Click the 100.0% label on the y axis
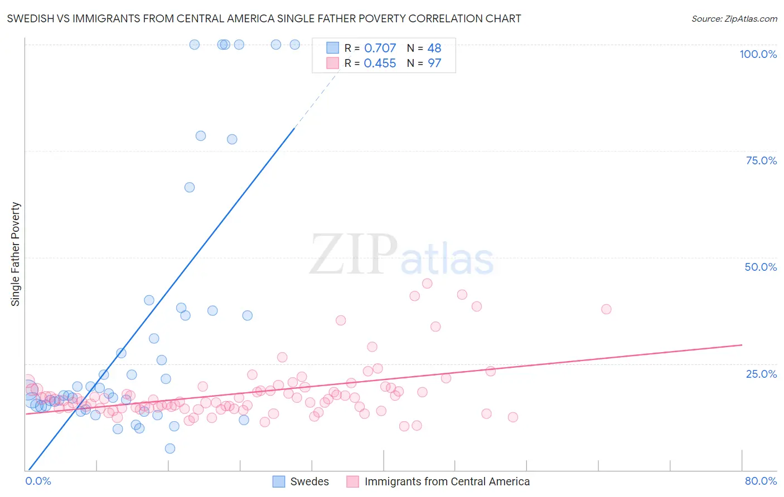tap(758, 54)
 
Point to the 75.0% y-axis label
tap(761, 160)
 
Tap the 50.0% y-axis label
tap(761, 267)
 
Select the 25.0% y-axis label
tap(761, 374)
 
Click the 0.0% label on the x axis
tap(38, 481)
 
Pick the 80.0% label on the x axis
tap(761, 481)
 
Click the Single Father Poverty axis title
tap(15, 254)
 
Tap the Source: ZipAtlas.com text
tap(734, 18)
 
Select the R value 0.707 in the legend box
tap(380, 48)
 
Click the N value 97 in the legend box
tap(434, 64)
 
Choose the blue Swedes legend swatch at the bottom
tap(279, 481)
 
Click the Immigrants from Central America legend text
tap(447, 481)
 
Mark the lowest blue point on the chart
tap(170, 449)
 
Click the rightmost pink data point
tap(606, 309)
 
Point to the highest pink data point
tap(427, 283)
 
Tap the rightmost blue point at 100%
tap(295, 45)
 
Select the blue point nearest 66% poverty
tap(190, 187)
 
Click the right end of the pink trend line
tap(742, 345)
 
